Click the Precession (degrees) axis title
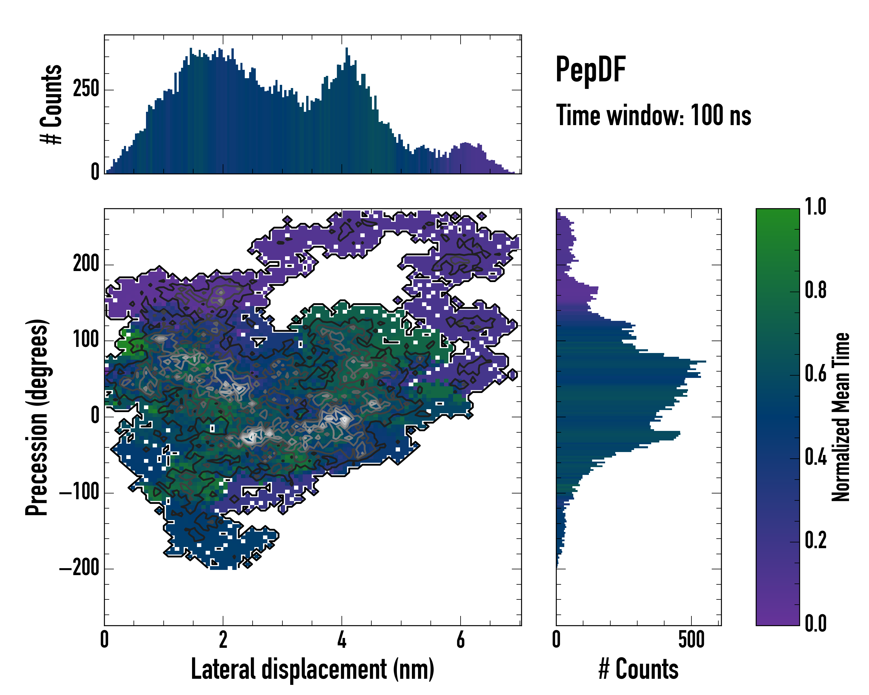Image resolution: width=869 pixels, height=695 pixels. [37, 417]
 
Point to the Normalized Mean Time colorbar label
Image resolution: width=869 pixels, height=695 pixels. [841, 417]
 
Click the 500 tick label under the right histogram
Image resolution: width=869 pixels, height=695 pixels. [691, 640]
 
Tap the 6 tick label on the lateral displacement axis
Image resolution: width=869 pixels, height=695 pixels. [460, 640]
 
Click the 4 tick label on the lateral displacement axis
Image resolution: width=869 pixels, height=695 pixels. [342, 640]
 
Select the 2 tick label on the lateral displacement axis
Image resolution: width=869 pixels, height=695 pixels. [223, 640]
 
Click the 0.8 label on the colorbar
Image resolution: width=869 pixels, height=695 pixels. [815, 290]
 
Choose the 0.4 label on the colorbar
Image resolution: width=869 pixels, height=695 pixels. [815, 457]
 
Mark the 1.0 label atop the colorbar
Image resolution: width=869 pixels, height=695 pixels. [815, 207]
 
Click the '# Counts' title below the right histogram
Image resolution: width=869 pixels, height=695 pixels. [638, 669]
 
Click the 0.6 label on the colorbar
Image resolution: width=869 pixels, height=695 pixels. [815, 374]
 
